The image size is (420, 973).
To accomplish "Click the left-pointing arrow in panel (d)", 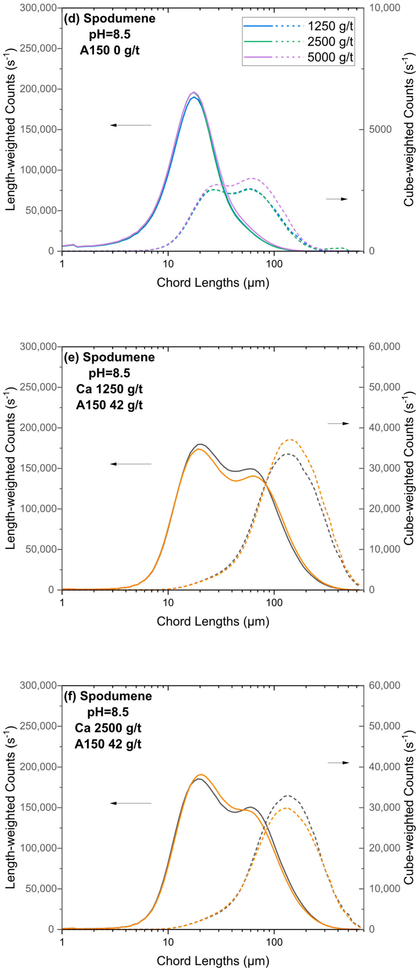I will click(x=131, y=125).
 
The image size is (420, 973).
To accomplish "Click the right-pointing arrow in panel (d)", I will click(x=337, y=199).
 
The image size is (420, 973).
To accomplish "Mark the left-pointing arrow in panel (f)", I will click(x=131, y=803).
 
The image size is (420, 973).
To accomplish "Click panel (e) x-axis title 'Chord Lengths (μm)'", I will click(x=213, y=621).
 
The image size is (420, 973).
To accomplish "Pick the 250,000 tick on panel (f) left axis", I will click(x=38, y=726).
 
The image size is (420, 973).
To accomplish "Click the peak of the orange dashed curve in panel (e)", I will click(x=290, y=440).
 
